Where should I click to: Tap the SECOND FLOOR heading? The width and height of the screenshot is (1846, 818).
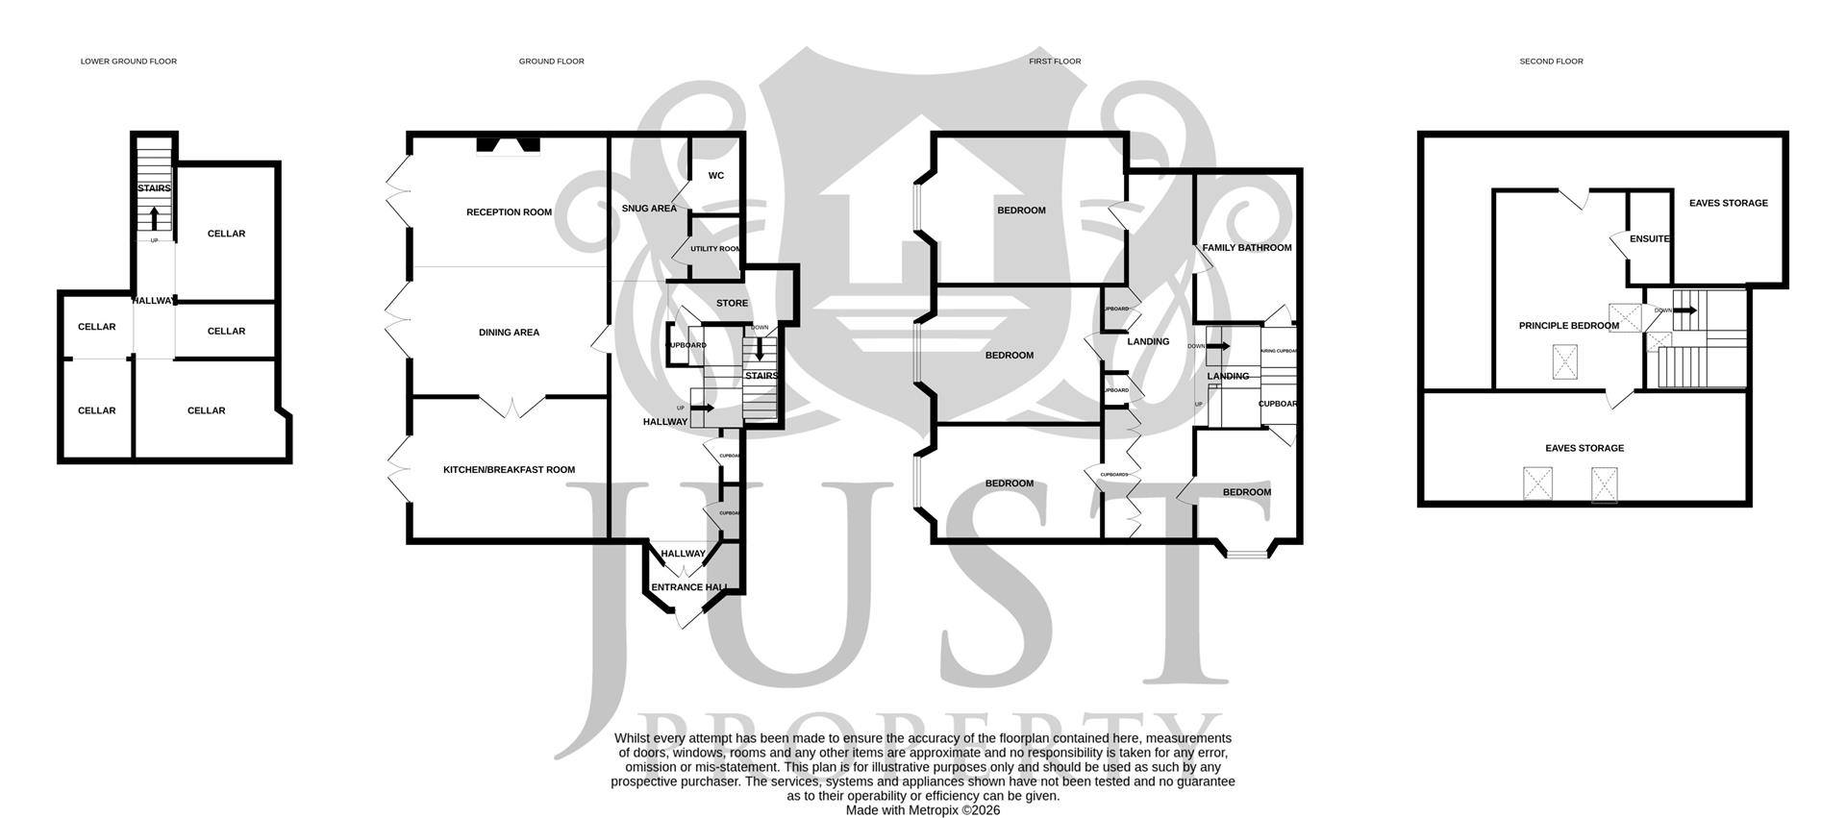point(1551,62)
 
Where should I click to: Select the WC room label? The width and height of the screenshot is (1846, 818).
point(716,176)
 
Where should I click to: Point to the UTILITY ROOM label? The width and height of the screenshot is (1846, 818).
point(715,249)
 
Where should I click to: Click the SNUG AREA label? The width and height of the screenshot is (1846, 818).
point(649,209)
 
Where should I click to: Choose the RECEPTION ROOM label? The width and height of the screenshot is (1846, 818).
point(509,212)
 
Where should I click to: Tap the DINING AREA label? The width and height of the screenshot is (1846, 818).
point(509,333)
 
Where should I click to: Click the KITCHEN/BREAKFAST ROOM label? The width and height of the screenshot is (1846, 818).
point(509,470)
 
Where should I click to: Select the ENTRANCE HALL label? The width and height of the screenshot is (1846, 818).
point(689,587)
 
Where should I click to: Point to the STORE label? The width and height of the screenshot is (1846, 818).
point(732,304)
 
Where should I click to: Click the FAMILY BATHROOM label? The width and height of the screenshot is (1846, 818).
point(1247,248)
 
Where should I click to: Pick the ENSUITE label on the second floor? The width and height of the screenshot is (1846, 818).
point(1650,239)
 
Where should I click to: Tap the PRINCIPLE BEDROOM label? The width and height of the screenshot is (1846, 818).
point(1568,326)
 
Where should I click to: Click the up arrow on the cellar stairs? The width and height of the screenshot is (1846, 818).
point(154,217)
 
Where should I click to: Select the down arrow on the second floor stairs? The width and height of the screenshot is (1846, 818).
point(1685,310)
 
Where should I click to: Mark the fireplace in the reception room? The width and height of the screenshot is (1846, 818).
point(509,145)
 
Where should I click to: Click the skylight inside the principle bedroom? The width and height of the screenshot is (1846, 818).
point(1566,363)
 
